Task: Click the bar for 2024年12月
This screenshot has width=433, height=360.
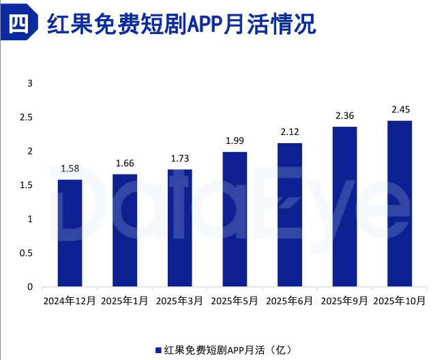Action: coord(70,233)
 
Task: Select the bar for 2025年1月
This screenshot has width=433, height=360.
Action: coord(125,230)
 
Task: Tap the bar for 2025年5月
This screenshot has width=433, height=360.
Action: coord(235,220)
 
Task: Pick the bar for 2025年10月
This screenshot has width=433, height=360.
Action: coord(400,204)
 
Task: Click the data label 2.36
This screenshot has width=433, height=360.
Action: coord(344,115)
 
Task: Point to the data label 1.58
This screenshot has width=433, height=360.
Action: coord(70,168)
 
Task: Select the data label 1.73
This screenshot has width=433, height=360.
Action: coord(180,158)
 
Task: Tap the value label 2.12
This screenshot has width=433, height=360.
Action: coord(290,132)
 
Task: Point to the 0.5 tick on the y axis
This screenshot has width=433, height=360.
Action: coord(26,253)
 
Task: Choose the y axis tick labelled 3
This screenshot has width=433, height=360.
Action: coord(29,83)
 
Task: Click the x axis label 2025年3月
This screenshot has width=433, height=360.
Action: coord(180,301)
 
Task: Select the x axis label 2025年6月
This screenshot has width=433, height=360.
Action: coord(290,301)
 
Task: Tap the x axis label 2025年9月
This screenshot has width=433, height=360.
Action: coord(344,301)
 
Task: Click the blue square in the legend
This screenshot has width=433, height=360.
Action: coord(159,350)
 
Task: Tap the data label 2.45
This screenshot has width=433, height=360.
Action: coord(400,109)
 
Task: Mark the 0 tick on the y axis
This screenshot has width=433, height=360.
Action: coord(29,287)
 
